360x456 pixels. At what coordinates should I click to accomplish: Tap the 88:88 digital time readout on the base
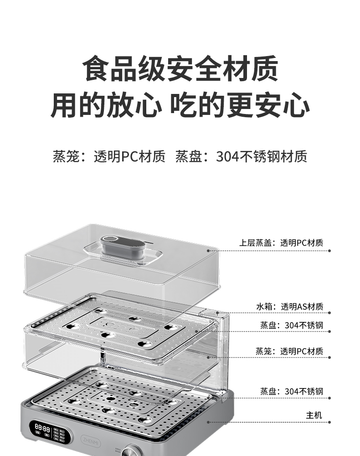tap(42, 429)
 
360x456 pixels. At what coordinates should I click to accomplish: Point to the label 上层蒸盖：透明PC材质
tap(281, 243)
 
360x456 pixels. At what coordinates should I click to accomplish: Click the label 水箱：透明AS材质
tap(289, 306)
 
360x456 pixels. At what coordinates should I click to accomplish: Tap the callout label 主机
tap(314, 415)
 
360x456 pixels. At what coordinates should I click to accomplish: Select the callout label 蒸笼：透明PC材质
tap(289, 351)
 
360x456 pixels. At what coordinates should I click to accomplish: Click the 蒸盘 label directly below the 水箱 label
tap(292, 325)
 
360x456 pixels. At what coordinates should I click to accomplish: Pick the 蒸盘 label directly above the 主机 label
tap(292, 391)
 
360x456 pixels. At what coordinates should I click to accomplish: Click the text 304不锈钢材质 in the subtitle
tap(262, 156)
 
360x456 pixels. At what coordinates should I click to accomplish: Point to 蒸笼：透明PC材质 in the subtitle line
tap(109, 156)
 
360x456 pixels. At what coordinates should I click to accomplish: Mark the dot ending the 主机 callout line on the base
tap(208, 422)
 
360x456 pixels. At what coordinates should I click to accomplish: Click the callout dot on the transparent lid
tap(208, 250)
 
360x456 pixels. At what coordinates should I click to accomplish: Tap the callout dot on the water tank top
tap(217, 313)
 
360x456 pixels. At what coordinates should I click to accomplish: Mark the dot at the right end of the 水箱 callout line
tap(329, 313)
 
